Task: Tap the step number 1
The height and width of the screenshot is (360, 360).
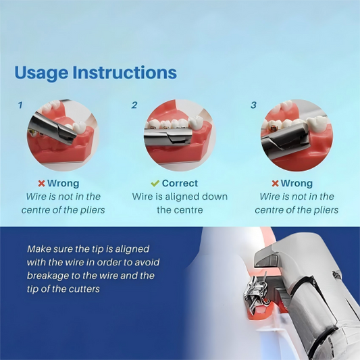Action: click(x=20, y=105)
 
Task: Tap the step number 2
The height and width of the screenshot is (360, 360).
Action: click(x=134, y=105)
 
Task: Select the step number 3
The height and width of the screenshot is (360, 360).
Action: click(x=253, y=105)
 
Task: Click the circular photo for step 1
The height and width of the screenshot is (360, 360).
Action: click(x=62, y=135)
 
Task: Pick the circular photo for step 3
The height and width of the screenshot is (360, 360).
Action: click(x=297, y=135)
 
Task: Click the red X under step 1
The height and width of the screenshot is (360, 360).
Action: click(x=41, y=184)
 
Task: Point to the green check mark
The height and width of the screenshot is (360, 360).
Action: click(x=155, y=184)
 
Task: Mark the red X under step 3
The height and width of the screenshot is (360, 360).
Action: click(x=275, y=184)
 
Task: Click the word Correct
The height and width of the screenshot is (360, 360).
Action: click(x=180, y=184)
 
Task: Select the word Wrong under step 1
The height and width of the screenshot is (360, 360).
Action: click(x=63, y=184)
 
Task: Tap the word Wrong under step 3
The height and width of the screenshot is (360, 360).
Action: click(x=297, y=184)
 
